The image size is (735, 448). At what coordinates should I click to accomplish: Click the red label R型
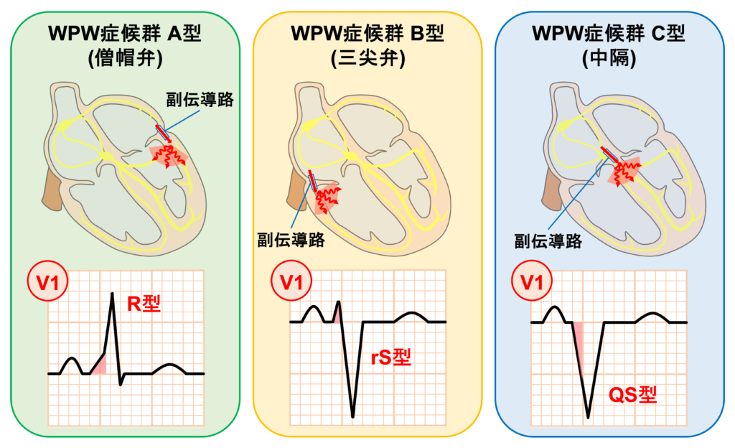[144, 304]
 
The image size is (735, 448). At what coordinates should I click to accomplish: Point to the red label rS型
[392, 357]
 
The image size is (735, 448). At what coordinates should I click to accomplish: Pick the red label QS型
[632, 394]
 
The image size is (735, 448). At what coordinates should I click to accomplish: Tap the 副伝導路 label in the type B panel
[291, 240]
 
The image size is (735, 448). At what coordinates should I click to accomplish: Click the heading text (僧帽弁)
[126, 58]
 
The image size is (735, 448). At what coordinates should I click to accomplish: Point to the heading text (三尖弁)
[368, 58]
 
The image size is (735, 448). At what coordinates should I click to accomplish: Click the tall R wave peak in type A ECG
[113, 294]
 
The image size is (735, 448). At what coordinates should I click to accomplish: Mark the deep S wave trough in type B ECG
[352, 415]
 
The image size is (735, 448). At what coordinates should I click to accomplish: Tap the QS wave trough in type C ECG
[589, 415]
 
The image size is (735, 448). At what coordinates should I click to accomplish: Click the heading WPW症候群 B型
[367, 33]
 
